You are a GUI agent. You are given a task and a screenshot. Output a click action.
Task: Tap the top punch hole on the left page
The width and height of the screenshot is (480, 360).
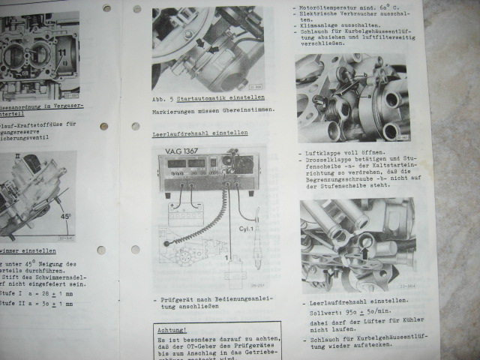click(x=106, y=9)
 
